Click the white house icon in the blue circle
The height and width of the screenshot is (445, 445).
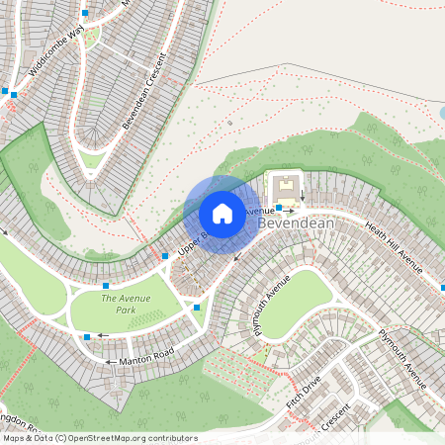222,213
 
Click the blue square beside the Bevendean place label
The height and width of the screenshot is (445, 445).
280,208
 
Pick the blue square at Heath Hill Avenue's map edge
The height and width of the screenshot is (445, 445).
442,288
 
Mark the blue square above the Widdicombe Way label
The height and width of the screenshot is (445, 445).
85,13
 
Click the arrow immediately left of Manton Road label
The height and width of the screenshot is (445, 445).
108,362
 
